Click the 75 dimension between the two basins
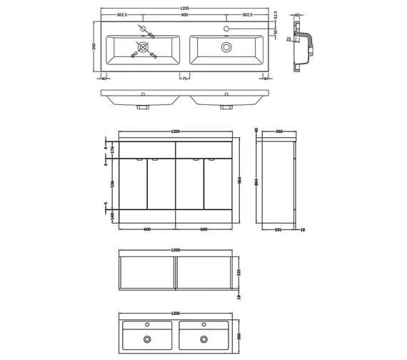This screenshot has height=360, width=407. [x=184, y=79]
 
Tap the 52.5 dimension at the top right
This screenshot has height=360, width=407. [x=275, y=16]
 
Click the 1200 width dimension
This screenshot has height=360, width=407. [x=176, y=250]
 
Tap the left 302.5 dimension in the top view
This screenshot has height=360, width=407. [x=122, y=16]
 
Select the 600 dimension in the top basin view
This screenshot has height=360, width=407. [x=184, y=16]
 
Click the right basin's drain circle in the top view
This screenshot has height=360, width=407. [x=227, y=46]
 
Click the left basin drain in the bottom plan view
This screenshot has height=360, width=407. [x=148, y=339]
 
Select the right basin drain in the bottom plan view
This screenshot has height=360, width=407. [x=204, y=339]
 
